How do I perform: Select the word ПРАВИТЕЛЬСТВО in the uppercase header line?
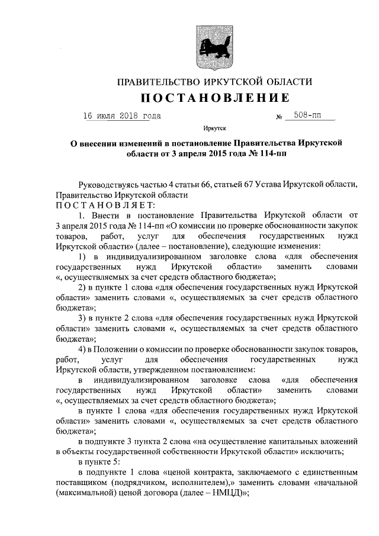pyautogui.click(x=156, y=81)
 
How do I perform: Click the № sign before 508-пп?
pyautogui.click(x=279, y=118)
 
